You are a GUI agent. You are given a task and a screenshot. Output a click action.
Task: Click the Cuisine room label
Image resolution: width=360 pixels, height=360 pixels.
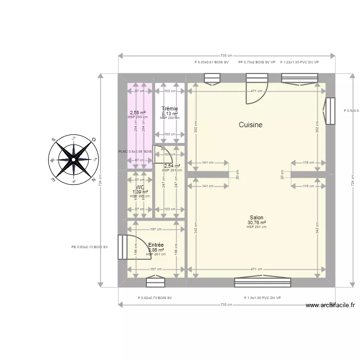click(251, 125)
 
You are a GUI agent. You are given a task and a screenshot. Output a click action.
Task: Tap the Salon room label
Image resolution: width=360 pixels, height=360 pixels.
click(256, 217)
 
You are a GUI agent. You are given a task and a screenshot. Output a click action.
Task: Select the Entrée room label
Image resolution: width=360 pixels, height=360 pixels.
click(156, 245)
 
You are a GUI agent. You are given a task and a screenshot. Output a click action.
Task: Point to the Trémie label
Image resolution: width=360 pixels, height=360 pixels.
click(170, 108)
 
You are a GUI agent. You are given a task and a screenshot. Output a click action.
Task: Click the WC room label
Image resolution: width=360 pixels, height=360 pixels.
click(140, 187)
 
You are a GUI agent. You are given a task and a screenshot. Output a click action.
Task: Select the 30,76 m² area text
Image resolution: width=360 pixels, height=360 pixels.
click(256, 222)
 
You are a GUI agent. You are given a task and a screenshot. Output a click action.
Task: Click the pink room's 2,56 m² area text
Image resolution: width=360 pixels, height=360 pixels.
click(138, 113)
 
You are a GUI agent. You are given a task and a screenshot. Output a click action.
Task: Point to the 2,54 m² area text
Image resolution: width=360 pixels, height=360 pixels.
click(172, 166)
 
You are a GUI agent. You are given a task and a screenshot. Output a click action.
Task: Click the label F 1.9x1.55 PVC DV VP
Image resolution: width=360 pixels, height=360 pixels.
click(262, 298)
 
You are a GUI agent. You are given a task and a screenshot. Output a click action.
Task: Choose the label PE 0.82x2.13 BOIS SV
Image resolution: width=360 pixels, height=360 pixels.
click(89, 247)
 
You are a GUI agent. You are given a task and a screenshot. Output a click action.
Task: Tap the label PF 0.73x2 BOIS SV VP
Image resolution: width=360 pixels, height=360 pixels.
click(257, 62)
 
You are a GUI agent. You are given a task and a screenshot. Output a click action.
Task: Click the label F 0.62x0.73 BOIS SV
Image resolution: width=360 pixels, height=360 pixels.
click(155, 298)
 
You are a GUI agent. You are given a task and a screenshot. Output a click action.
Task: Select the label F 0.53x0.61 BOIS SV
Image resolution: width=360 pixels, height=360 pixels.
click(212, 62)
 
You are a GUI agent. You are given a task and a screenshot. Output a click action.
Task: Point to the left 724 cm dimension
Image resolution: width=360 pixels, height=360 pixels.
click(100, 180)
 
